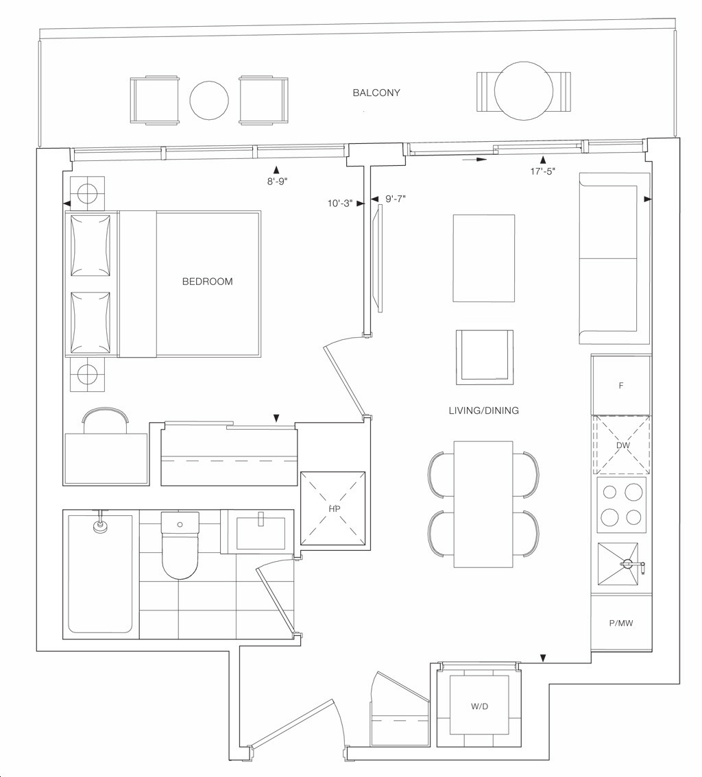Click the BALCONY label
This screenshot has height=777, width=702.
376,92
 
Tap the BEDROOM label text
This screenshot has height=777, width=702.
207,282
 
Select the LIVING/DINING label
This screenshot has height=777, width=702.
483,410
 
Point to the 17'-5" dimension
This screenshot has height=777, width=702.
542,171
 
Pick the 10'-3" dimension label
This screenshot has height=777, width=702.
340,203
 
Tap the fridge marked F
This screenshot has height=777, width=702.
621,386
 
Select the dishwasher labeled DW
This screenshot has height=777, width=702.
622,445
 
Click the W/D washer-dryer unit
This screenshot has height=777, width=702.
479,706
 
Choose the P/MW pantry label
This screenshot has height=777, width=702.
621,624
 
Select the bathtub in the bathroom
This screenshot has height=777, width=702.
100,574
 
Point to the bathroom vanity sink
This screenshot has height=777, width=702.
261,532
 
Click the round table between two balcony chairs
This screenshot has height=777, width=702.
209,101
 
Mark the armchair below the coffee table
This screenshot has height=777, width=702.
485,355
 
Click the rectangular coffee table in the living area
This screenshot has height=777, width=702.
483,258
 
